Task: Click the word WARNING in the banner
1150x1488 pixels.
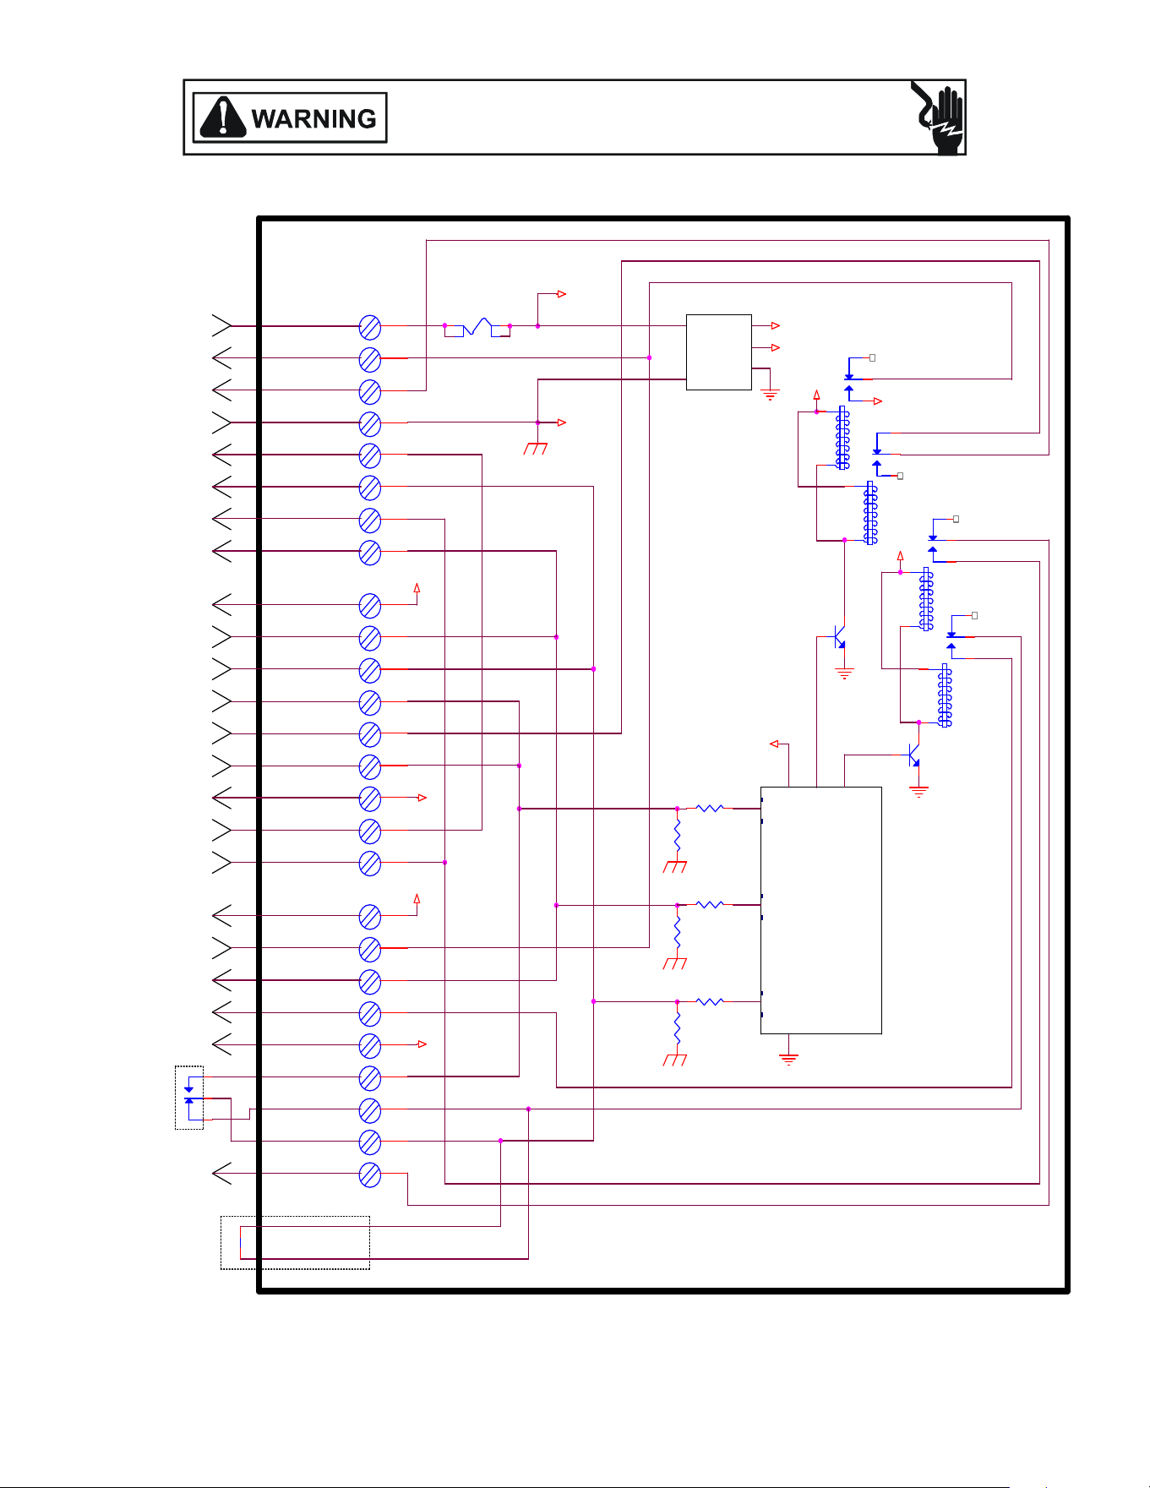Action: pos(313,118)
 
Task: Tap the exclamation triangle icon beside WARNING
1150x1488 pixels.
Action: pos(221,117)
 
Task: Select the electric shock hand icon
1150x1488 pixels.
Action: pos(938,117)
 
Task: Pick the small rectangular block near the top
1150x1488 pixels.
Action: pos(719,352)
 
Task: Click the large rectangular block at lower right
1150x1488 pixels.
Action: pos(821,910)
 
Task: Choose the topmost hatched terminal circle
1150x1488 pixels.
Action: pos(370,327)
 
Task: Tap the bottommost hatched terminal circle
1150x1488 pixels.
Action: pos(370,1175)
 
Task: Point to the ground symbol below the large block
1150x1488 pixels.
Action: pos(788,1059)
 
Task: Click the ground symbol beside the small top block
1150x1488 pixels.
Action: pos(770,393)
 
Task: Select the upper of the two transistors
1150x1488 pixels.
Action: pos(839,636)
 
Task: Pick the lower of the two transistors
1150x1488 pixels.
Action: pos(913,755)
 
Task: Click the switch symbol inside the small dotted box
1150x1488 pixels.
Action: pos(189,1097)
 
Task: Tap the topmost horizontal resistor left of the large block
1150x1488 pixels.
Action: pos(710,809)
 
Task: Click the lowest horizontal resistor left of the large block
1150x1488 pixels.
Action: pos(710,1001)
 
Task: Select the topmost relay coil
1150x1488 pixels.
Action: pos(842,438)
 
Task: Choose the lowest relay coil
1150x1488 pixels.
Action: pos(946,695)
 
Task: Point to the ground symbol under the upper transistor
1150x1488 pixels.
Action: pos(844,673)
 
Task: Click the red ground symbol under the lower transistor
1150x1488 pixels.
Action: pos(918,792)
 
